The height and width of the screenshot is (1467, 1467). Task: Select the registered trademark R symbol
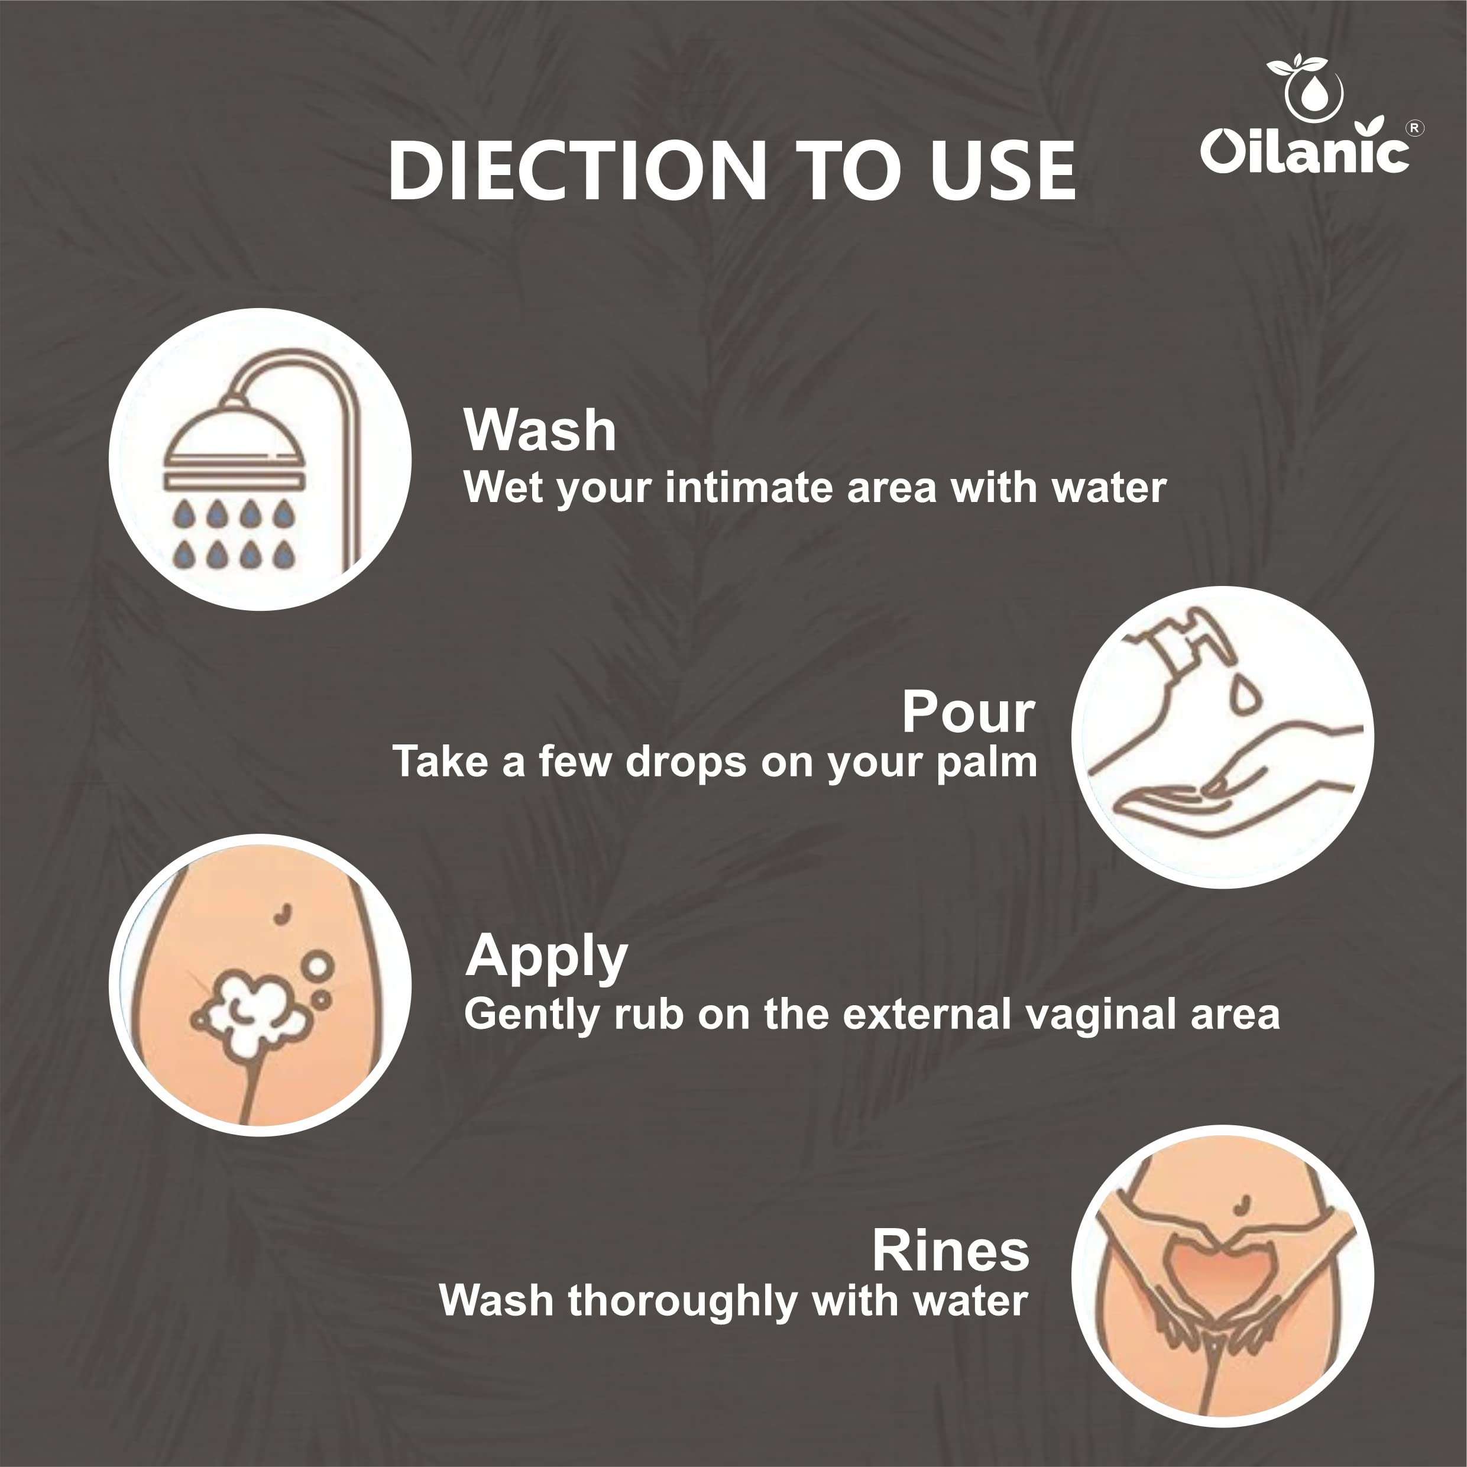tap(1414, 128)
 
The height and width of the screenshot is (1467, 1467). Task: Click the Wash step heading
tap(540, 430)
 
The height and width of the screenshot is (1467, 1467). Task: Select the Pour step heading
tap(968, 713)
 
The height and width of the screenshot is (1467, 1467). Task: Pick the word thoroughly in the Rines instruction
tap(682, 1301)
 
